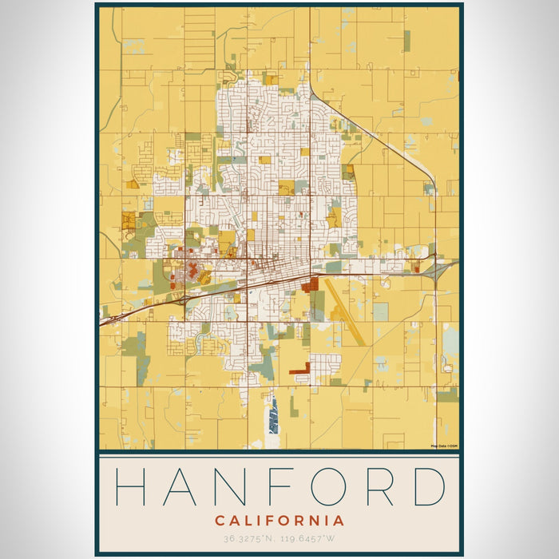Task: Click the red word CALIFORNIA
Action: tap(279, 521)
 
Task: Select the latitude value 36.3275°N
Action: tap(250, 539)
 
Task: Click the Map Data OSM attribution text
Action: tap(444, 446)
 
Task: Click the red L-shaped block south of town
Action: tap(301, 369)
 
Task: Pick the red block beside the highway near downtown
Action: tap(311, 283)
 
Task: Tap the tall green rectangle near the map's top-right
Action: tap(406, 41)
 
